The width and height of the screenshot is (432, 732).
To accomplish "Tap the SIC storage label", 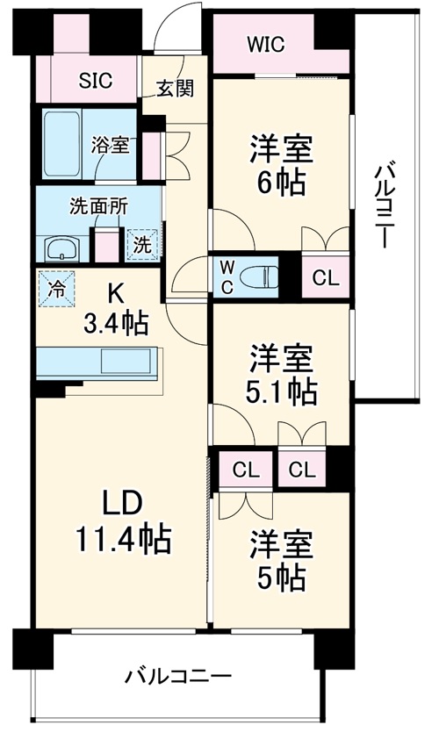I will click(96, 81).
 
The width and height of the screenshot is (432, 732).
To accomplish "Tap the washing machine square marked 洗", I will click(140, 245).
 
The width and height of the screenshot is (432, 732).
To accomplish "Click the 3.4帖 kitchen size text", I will click(116, 323).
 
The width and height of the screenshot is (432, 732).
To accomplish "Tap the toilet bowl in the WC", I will click(260, 275).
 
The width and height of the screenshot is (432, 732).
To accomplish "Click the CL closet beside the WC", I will click(325, 278).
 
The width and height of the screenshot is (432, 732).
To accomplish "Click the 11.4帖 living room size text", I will click(121, 537).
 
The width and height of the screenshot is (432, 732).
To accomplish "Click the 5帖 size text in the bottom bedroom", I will click(281, 577).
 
